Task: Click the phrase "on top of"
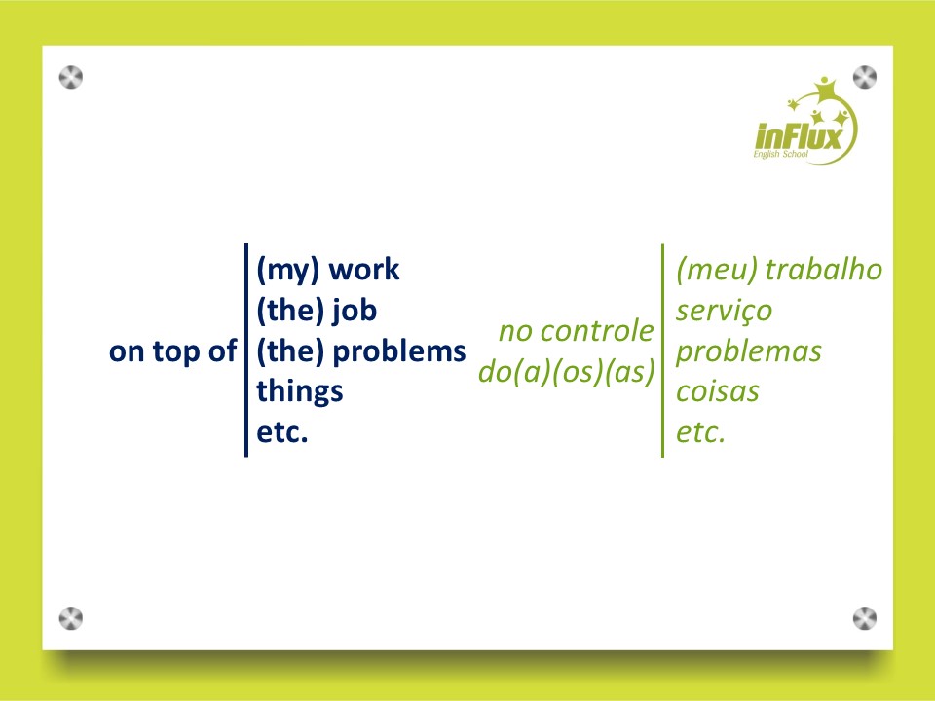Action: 173,351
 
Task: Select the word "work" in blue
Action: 363,270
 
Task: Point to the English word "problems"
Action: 399,351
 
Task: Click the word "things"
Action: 300,392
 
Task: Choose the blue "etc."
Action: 282,432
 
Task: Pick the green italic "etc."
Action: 700,432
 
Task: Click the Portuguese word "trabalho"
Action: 824,270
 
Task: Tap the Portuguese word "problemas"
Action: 748,351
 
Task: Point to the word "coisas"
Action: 718,392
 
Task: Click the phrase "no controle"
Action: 576,331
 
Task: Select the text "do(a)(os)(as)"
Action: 567,372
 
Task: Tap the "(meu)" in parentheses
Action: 717,270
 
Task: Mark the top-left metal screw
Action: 71,78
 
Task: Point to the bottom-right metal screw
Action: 865,618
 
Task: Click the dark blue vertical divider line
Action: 246,350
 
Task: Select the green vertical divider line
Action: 662,350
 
